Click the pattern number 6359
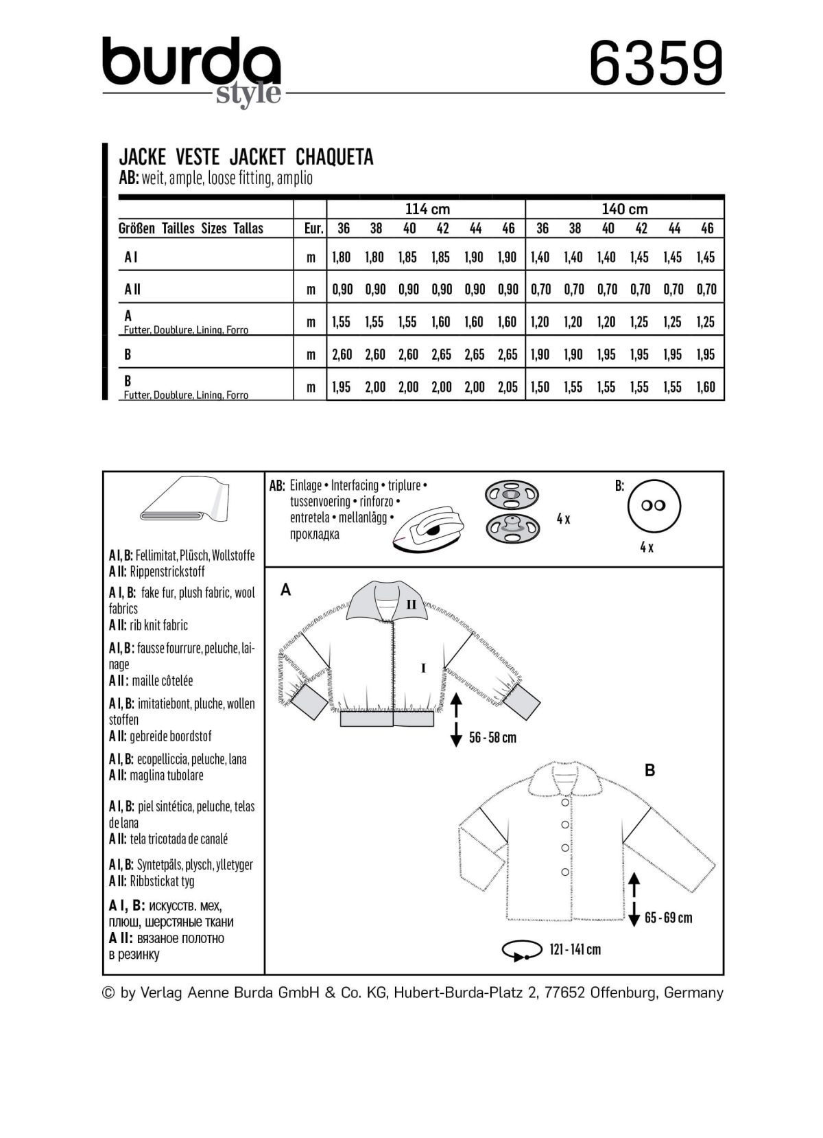[656, 63]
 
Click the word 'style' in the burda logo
[248, 93]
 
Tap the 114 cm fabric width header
[427, 209]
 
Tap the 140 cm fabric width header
[624, 209]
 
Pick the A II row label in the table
[132, 289]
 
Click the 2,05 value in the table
[508, 387]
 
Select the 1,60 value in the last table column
[706, 387]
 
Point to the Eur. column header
[313, 229]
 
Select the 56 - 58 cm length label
[492, 738]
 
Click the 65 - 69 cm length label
[668, 918]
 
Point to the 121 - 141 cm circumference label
[575, 950]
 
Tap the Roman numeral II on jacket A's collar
[411, 605]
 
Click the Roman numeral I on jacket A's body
[424, 667]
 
